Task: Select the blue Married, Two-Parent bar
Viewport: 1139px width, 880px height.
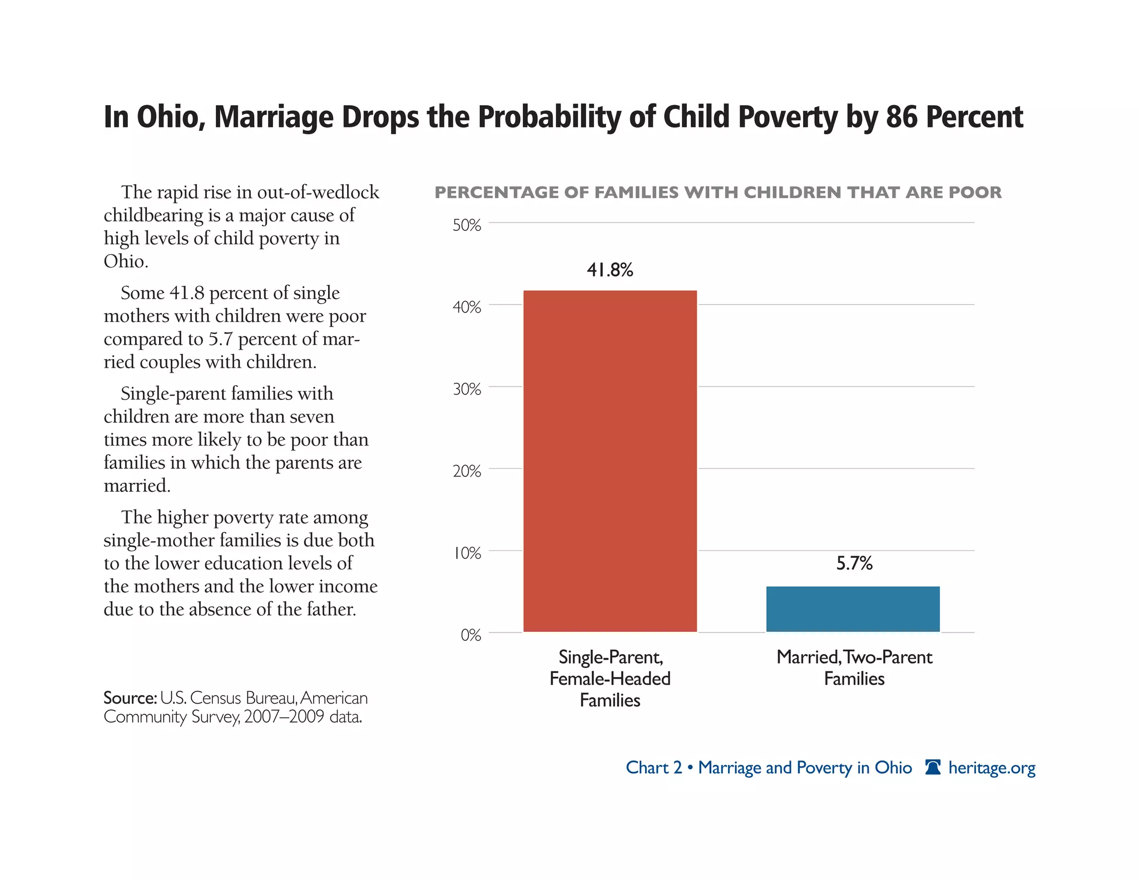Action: coord(853,609)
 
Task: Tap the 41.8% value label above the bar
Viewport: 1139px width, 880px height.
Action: coord(610,270)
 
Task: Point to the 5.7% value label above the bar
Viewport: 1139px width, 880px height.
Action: coord(854,563)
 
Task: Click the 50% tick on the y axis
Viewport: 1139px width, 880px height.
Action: coord(467,225)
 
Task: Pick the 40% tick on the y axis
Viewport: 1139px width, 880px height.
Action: coord(467,307)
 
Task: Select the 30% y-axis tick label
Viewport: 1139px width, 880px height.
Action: coord(467,389)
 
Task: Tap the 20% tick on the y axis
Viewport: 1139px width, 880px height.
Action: coord(467,471)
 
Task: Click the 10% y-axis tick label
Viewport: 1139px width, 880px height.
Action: coord(467,553)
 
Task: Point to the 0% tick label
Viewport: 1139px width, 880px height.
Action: coord(471,635)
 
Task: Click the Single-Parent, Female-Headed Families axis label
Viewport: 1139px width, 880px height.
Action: coord(610,679)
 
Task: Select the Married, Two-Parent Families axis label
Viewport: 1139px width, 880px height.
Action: coord(854,668)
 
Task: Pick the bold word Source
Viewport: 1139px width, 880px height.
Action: coord(130,698)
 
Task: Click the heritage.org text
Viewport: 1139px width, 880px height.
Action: coord(992,768)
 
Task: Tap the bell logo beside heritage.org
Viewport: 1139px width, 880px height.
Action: coord(933,767)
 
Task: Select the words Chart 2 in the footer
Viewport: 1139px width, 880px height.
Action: coord(653,768)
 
